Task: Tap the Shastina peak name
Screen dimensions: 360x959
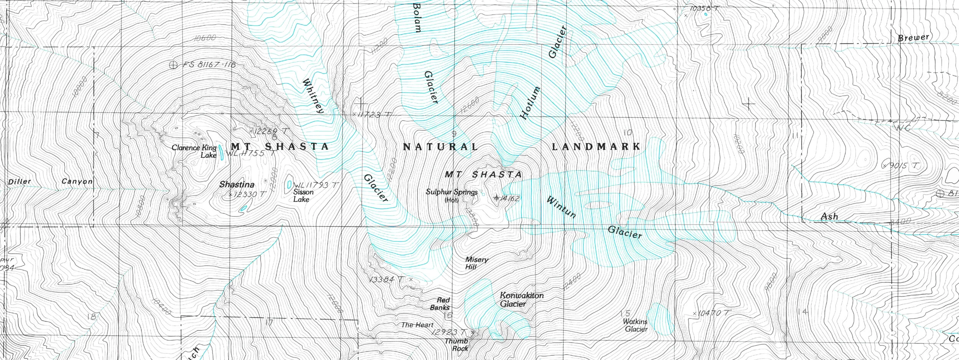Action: [x=237, y=185]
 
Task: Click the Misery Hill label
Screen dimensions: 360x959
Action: [x=476, y=263]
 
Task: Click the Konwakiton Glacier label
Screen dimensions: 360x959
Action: [x=521, y=300]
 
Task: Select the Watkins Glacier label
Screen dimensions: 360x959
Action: [x=636, y=325]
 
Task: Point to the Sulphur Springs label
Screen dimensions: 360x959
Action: [x=451, y=192]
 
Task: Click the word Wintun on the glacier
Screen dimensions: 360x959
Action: [x=561, y=207]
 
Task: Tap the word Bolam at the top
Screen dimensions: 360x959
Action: [x=417, y=18]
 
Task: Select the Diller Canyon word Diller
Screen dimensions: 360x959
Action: [x=20, y=182]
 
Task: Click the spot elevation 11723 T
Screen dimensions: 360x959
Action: [x=372, y=114]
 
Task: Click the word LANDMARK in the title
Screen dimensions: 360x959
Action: [x=596, y=147]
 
